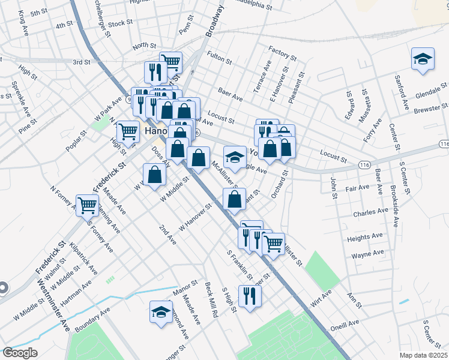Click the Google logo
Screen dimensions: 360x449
coord(20,353)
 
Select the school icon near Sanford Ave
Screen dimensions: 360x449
coord(423,59)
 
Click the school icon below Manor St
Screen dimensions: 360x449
coord(160,312)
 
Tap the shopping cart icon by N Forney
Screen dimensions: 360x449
coord(88,205)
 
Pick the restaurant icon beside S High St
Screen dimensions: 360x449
coord(250,296)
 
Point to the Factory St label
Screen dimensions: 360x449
coord(283,53)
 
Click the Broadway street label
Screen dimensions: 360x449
coord(215,22)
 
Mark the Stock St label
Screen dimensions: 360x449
coord(121,23)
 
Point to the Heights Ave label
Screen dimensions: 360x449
coord(366,238)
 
